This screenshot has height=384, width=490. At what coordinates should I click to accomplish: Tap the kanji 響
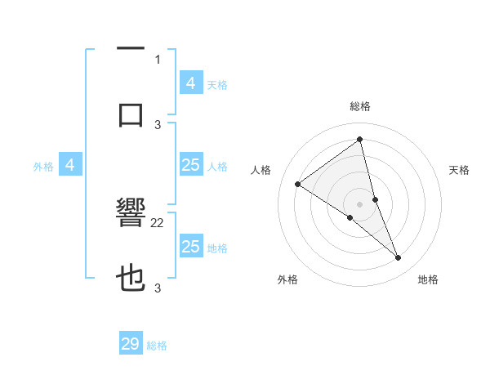(x=130, y=217)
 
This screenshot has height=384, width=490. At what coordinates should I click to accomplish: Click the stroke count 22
(x=158, y=222)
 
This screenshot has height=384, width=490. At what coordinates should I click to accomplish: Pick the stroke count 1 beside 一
(x=158, y=59)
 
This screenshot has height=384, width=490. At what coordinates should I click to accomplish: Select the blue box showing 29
(x=131, y=344)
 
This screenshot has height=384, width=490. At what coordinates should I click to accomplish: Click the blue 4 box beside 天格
(x=190, y=83)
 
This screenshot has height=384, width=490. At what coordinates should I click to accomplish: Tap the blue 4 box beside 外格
(x=70, y=165)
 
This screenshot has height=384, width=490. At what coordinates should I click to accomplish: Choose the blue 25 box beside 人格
(x=190, y=165)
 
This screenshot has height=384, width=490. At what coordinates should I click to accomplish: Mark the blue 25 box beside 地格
(x=190, y=247)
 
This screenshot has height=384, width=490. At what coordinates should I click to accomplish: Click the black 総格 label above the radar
(x=360, y=106)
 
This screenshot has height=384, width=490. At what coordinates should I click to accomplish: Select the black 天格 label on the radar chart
(x=460, y=170)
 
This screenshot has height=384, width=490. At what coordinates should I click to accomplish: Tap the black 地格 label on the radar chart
(x=428, y=279)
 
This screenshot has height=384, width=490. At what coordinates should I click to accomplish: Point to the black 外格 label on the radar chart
(x=287, y=279)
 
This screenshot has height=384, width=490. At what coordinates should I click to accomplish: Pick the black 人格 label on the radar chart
(x=261, y=170)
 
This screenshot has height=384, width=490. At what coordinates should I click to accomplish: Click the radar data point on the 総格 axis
(x=360, y=140)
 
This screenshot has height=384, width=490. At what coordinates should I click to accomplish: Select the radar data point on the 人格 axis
(x=298, y=184)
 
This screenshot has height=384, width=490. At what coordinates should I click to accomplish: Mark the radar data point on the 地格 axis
(x=399, y=257)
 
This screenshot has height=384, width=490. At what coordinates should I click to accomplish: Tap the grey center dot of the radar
(x=360, y=203)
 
